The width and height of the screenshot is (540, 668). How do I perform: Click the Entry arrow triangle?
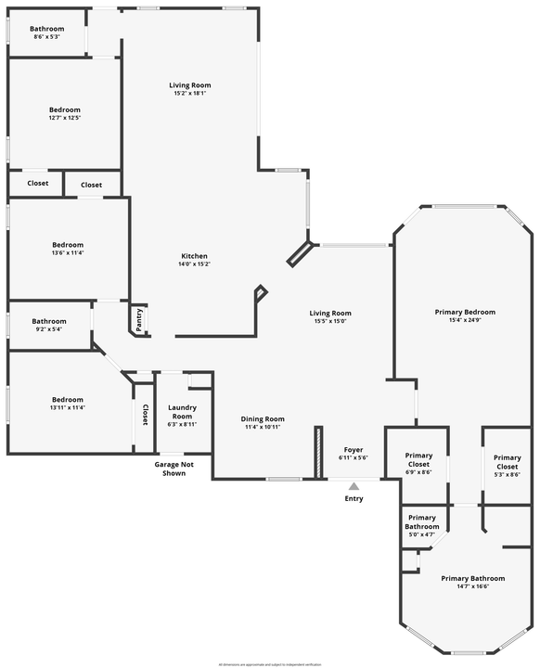(354, 485)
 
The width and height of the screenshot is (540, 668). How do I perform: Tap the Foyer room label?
(354, 449)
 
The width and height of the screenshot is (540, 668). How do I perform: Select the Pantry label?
(139, 318)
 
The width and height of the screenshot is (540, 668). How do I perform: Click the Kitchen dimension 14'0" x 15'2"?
(194, 264)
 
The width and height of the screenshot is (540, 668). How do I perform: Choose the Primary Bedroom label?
(465, 312)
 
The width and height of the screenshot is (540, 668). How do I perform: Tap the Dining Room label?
(263, 418)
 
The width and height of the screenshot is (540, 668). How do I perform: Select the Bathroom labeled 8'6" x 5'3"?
(48, 29)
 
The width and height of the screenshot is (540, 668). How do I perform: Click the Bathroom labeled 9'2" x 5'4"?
(49, 322)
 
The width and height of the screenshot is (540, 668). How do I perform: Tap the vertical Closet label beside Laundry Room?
(146, 416)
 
